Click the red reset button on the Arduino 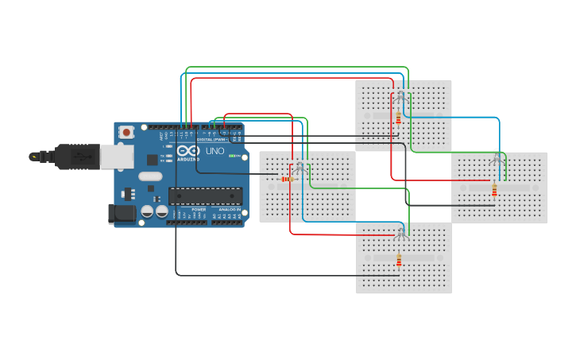(x=126, y=132)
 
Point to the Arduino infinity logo (x=189, y=151)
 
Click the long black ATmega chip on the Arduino (x=205, y=195)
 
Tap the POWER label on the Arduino (x=199, y=209)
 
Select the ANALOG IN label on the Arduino (x=229, y=209)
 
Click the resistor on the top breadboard (x=398, y=118)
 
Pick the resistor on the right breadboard (x=494, y=189)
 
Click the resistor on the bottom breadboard (x=399, y=259)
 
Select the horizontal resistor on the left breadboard (x=286, y=179)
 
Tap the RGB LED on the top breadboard (x=400, y=96)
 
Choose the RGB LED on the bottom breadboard (x=401, y=232)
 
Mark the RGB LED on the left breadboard (x=300, y=168)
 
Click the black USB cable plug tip (x=34, y=157)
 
